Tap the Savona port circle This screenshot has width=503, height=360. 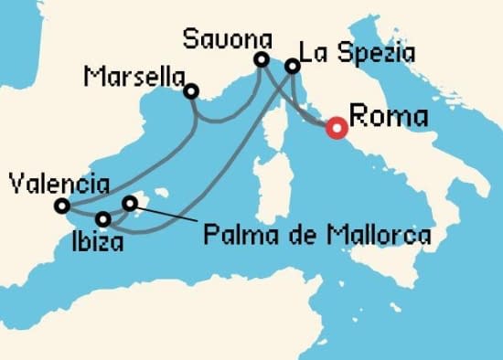pyautogui.click(x=262, y=60)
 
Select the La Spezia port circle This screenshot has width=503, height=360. pyautogui.click(x=293, y=66)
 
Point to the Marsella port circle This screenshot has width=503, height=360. pyautogui.click(x=191, y=90)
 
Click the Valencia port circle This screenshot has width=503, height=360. pyautogui.click(x=61, y=206)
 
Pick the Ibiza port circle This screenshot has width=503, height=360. pyautogui.click(x=103, y=219)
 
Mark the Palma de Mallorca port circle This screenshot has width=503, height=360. pyautogui.click(x=130, y=203)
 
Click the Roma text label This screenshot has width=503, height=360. pyautogui.click(x=389, y=117)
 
